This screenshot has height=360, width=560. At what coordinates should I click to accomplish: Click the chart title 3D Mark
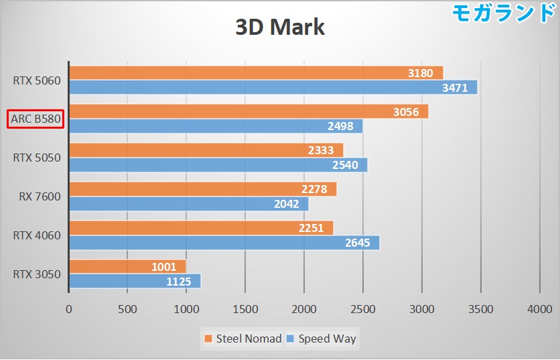click(x=279, y=27)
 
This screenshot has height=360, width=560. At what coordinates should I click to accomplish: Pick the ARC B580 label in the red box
click(x=36, y=119)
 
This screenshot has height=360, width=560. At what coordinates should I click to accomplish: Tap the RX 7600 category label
click(x=40, y=196)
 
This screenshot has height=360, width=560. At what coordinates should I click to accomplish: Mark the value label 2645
click(x=357, y=243)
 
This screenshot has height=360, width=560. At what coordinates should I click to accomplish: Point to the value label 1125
click(x=179, y=282)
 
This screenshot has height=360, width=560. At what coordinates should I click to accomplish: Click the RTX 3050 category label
click(x=37, y=274)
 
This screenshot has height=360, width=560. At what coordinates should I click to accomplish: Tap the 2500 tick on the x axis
click(x=362, y=309)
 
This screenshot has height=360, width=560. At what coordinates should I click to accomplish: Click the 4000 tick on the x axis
click(x=539, y=309)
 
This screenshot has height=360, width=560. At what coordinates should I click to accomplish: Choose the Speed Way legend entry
click(x=322, y=339)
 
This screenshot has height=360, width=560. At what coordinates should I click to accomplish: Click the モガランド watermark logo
click(x=504, y=13)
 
